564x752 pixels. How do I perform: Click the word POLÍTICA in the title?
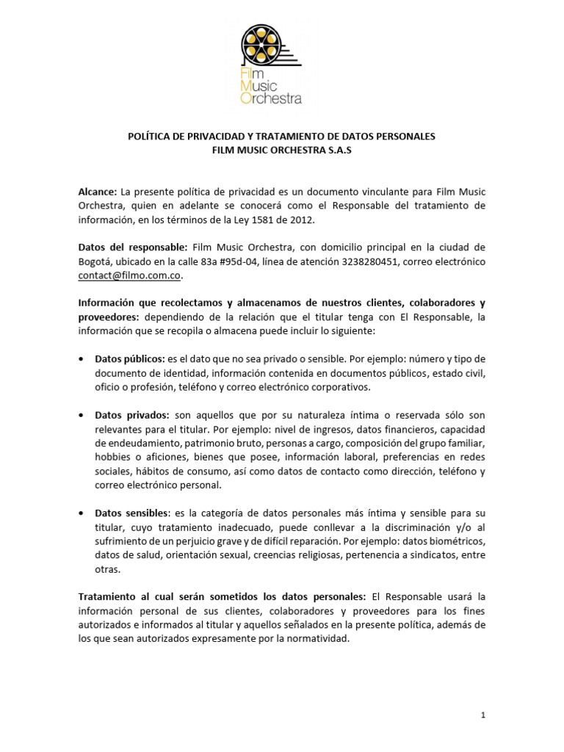click(x=151, y=137)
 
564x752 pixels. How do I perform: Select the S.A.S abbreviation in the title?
click(x=342, y=151)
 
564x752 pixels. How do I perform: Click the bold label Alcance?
click(x=97, y=191)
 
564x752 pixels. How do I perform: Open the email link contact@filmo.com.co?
click(x=129, y=275)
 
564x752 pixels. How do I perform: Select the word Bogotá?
click(x=95, y=261)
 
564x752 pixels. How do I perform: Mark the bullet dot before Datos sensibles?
click(x=80, y=513)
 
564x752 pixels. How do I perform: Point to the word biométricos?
click(x=455, y=540)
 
